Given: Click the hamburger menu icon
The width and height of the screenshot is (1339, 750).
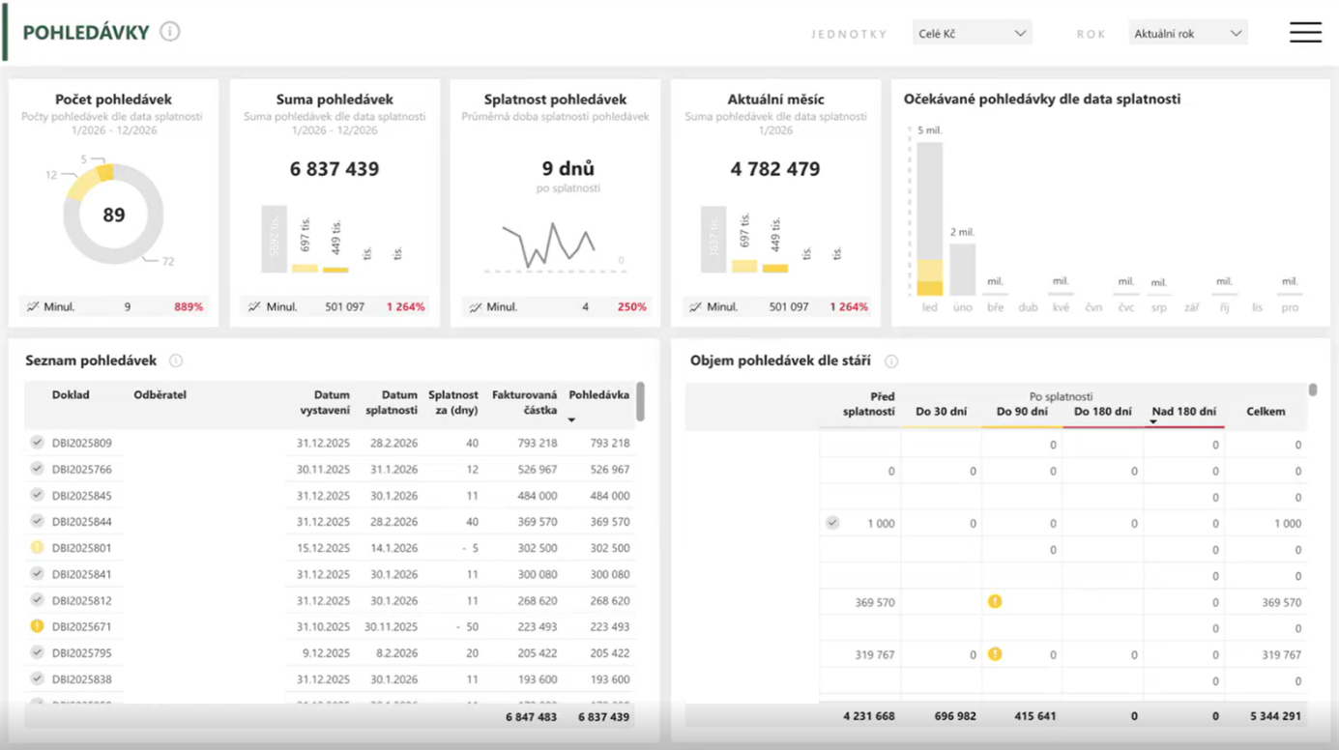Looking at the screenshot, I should coord(1305,32).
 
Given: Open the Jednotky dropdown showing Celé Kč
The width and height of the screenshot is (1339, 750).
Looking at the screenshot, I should coord(972,34).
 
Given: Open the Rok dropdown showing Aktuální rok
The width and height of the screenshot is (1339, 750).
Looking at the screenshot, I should coord(1187,34).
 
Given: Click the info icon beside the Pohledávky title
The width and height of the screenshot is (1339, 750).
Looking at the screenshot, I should coord(170,32).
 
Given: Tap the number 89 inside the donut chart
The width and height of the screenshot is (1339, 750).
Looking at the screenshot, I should coord(114,215).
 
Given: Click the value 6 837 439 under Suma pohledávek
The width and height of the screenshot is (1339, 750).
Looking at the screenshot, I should coord(335,169).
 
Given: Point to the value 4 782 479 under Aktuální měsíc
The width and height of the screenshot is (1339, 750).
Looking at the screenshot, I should coord(775,169).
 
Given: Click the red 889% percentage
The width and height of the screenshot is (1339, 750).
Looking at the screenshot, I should coord(189,307).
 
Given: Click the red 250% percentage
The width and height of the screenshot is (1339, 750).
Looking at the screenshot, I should coord(632,307).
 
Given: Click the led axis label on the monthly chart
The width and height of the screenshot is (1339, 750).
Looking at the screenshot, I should coord(929,308).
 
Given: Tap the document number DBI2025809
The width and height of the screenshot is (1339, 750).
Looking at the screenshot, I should coord(82,444).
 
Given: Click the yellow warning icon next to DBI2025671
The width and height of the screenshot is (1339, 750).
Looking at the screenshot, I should coord(37,626).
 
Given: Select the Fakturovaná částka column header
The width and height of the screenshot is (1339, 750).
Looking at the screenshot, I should coord(524,402).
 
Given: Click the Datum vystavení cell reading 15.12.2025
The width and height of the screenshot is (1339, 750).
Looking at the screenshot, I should coord(324,548).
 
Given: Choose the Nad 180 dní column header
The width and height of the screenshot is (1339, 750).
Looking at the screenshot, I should coord(1183,412).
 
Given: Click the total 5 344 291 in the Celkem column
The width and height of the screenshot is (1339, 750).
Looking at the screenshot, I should coord(1273,717).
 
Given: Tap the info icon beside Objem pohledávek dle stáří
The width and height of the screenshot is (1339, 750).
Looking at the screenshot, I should coord(891,361).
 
